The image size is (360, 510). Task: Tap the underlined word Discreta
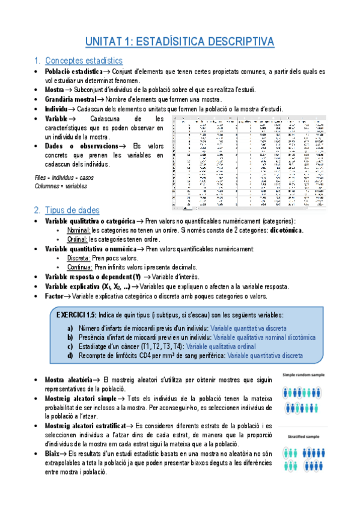[x=79, y=258]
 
